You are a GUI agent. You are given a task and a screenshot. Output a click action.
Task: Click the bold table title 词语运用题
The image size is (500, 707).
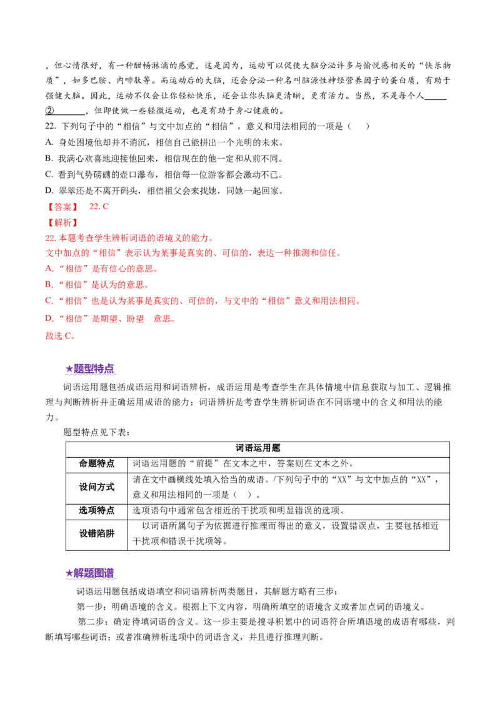259,448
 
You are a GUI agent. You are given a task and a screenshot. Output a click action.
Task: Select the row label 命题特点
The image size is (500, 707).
97,463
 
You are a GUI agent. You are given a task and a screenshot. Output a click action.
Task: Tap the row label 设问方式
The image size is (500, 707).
97,487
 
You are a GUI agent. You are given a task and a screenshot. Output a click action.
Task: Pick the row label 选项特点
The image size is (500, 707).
97,510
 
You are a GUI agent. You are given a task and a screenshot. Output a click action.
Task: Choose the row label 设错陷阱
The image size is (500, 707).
97,533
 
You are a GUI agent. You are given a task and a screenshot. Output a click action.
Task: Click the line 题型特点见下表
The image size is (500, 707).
100,432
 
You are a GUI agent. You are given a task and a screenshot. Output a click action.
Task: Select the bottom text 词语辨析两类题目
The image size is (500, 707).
217,591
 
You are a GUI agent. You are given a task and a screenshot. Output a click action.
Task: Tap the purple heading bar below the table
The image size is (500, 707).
91,573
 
